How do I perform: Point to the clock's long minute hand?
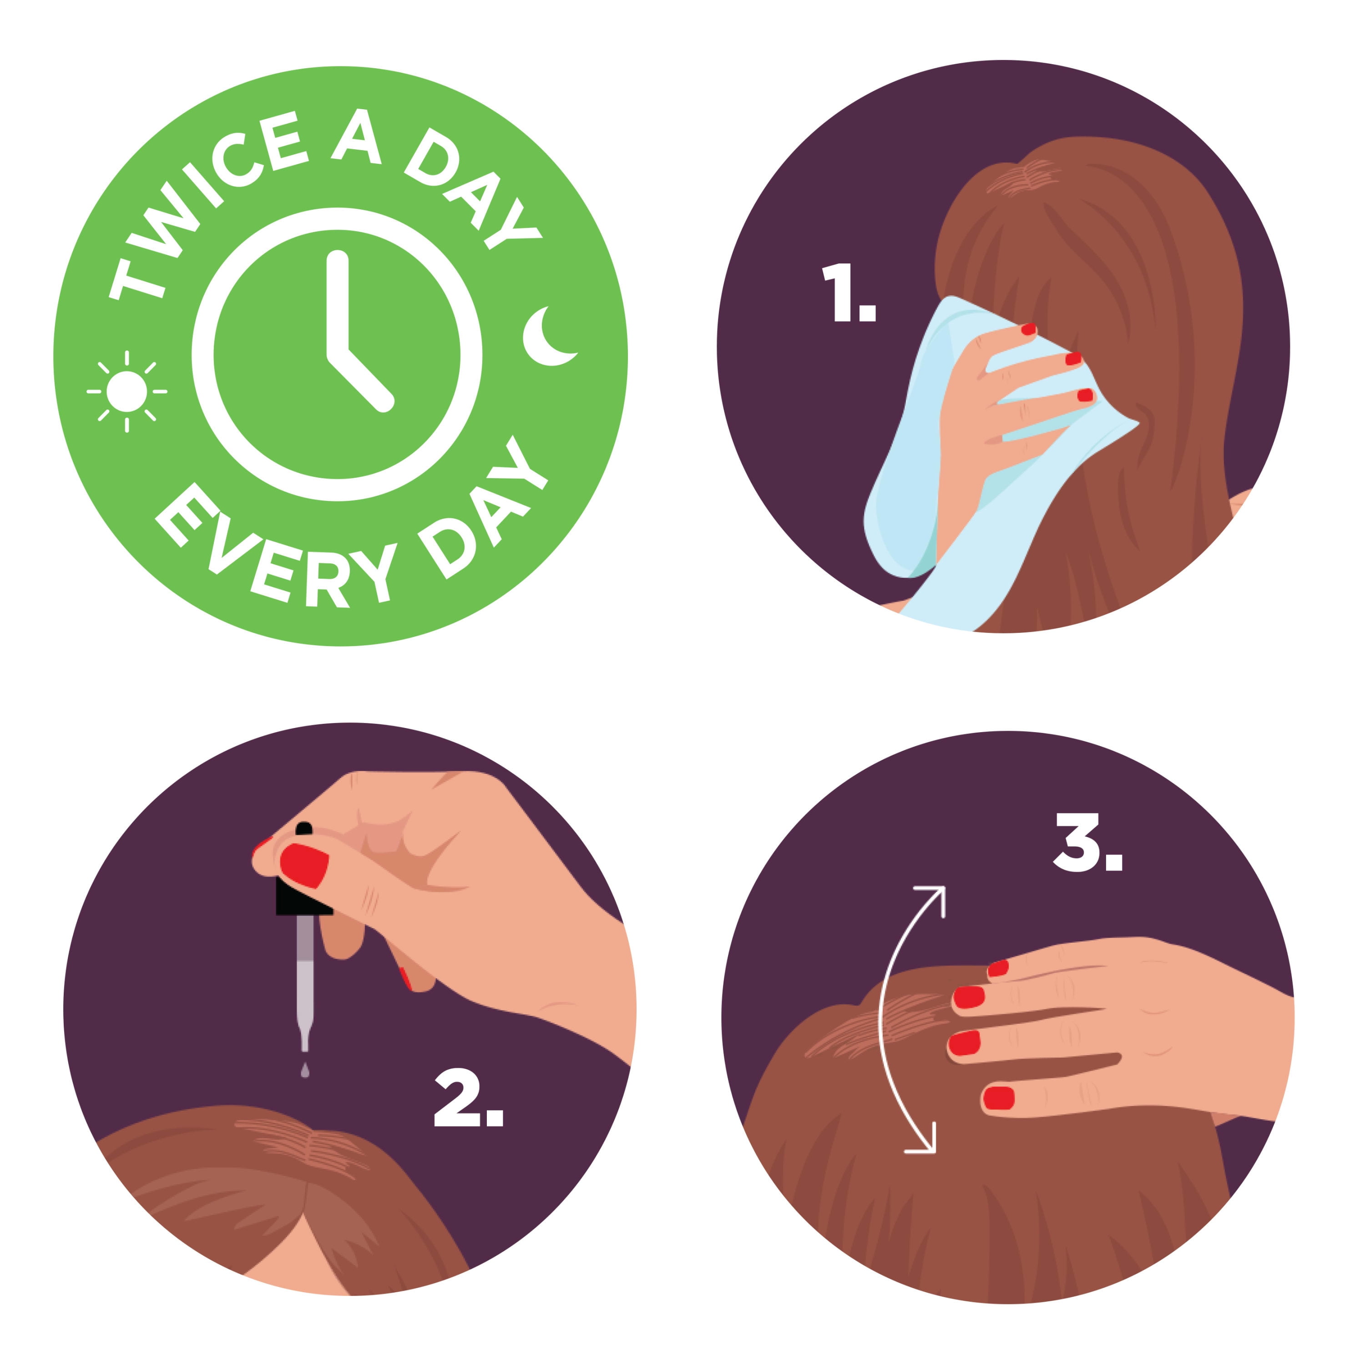click(x=338, y=304)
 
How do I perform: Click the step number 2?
click(x=468, y=1097)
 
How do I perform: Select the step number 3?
click(x=1087, y=841)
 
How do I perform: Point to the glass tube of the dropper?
click(x=304, y=982)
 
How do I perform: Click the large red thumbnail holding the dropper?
click(x=304, y=864)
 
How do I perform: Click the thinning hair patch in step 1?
click(x=1021, y=177)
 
